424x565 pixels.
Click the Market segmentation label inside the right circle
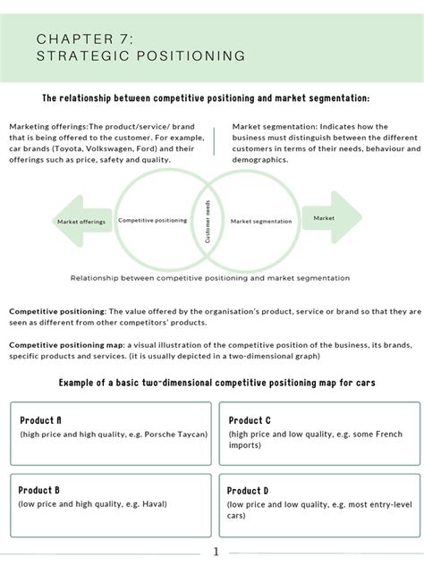(261, 221)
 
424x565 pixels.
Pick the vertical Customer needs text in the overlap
(208, 222)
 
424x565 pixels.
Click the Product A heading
(40, 419)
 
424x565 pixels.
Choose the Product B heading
(40, 490)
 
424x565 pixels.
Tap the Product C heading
(250, 419)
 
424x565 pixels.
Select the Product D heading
(248, 490)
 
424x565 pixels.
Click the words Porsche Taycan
(177, 434)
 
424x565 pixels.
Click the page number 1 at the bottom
(215, 552)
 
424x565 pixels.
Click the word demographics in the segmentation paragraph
(259, 159)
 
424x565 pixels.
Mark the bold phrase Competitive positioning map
(60, 344)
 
